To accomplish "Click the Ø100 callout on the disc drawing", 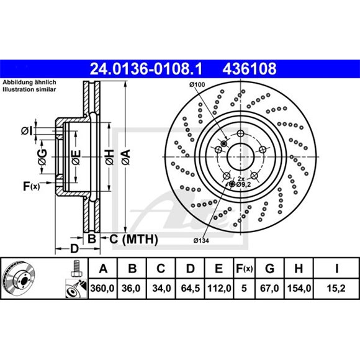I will [x=197, y=84].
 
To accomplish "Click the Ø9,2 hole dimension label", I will [x=243, y=184].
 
